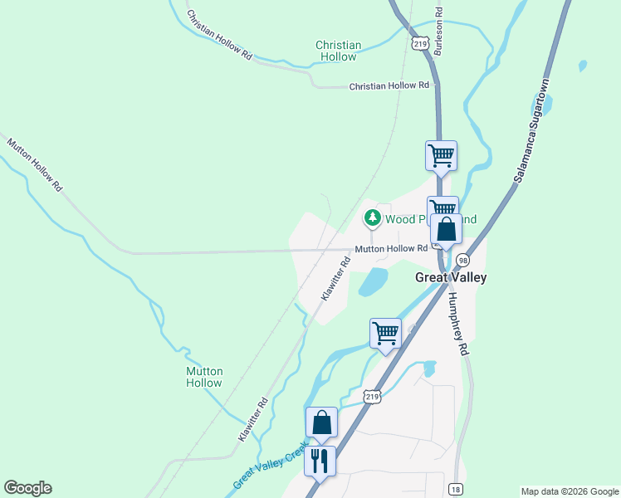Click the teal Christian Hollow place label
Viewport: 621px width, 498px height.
pos(338,51)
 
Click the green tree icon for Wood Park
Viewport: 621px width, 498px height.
pos(373,218)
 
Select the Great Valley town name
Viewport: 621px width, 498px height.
pos(450,278)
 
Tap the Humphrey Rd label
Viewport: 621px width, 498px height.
pos(457,324)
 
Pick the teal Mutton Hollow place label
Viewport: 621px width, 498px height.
pos(203,377)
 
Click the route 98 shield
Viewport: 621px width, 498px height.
pos(462,260)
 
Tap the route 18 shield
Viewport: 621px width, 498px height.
pos(455,489)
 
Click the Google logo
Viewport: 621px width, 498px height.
pos(27,488)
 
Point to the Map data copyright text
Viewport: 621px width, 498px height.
pos(569,491)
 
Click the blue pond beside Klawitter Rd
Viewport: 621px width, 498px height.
pos(374,282)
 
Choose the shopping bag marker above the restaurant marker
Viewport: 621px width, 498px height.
pos(321,423)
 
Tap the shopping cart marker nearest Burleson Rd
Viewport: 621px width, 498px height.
pos(441,155)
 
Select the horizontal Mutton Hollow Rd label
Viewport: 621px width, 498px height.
pos(391,249)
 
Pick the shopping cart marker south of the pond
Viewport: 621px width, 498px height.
pos(385,334)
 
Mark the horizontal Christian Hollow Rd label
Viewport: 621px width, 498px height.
pos(389,85)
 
